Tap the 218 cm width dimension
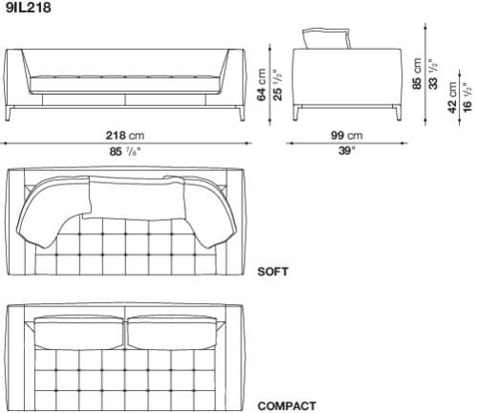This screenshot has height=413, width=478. (127, 136)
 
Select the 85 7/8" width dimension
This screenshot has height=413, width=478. (127, 151)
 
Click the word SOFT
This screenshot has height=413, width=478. (272, 272)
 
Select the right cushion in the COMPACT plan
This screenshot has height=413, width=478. (173, 330)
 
